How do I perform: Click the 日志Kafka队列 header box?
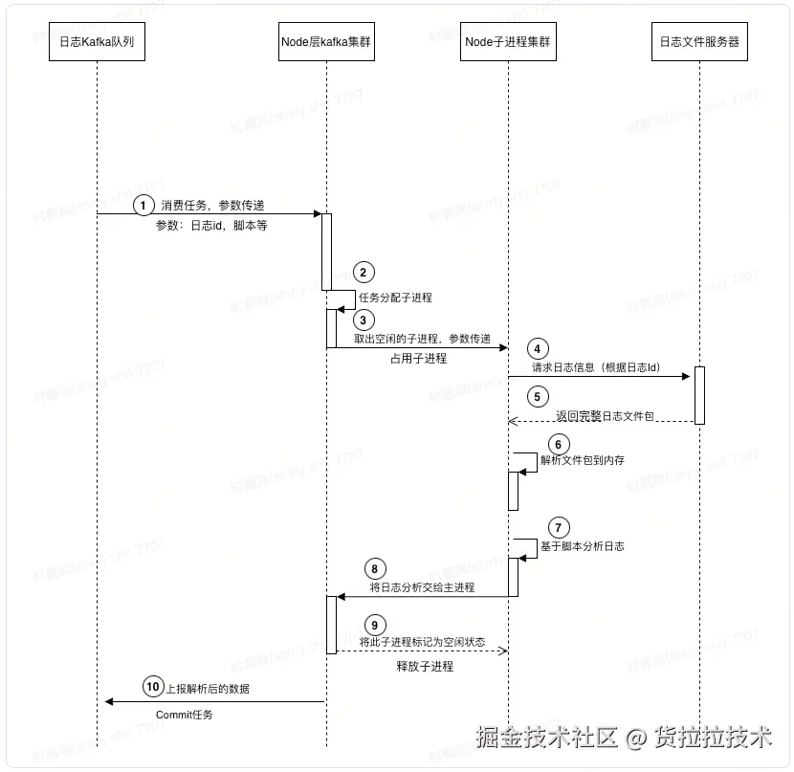(98, 42)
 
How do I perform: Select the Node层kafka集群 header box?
(325, 42)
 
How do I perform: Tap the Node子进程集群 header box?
(507, 42)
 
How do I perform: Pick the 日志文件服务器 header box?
(699, 42)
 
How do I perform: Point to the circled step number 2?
(364, 272)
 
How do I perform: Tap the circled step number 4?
(540, 349)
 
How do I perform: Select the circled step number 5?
(540, 395)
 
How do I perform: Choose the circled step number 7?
(560, 527)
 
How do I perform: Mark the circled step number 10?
(154, 686)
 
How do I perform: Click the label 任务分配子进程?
(395, 298)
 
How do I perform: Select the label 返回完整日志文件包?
(604, 416)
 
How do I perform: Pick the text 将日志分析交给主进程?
(422, 586)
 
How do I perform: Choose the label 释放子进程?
(425, 666)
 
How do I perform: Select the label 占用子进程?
(418, 359)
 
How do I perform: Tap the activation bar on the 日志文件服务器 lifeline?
(699, 395)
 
